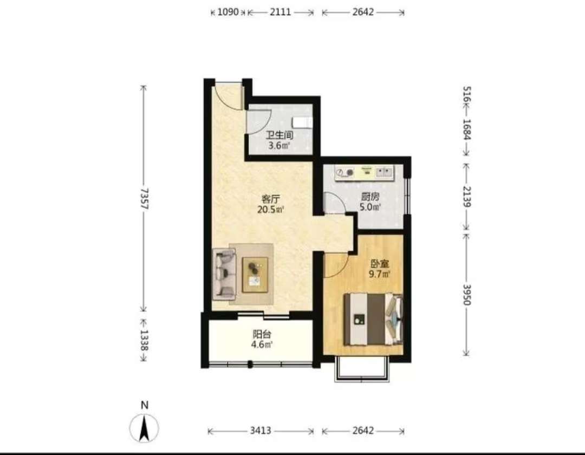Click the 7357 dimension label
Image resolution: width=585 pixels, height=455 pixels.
tap(145, 198)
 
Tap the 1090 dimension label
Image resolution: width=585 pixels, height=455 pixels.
tap(227, 12)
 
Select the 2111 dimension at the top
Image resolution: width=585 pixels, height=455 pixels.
tap(280, 12)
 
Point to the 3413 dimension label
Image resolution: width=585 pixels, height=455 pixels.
tap(261, 431)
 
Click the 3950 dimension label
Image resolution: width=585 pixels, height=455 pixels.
tap(467, 295)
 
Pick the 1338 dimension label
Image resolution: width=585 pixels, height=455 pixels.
tap(145, 340)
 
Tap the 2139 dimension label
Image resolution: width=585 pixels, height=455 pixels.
tap(467, 197)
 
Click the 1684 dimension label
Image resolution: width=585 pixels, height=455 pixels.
tap(467, 129)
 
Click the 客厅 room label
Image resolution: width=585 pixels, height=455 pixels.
tap(270, 199)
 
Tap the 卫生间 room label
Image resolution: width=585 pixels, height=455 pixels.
tap(279, 135)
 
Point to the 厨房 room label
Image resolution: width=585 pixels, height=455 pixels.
tap(370, 196)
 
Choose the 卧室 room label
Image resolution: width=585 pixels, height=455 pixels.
tap(379, 264)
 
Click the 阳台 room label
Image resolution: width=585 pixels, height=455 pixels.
tap(262, 334)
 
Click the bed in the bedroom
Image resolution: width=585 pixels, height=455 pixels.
tap(373, 319)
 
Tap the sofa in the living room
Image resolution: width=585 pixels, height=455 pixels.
tap(224, 274)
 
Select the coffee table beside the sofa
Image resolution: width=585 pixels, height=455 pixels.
tap(255, 275)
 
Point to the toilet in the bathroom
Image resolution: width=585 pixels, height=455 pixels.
tap(303, 122)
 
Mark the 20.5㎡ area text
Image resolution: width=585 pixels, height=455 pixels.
tap(270, 209)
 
